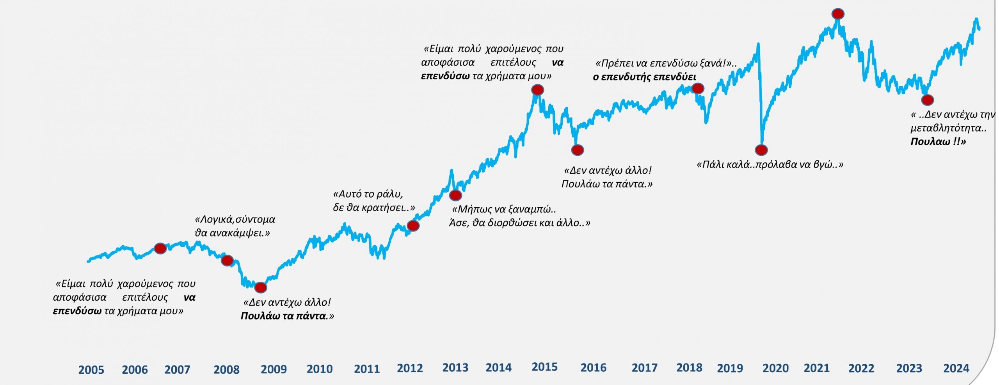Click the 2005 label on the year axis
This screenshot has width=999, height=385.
point(91,369)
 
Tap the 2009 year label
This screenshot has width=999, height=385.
point(274,369)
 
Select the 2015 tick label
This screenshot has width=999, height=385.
point(544,367)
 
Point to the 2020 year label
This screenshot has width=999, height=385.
point(775,368)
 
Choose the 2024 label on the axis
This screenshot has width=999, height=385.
point(956,368)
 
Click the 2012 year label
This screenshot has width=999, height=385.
point(410,368)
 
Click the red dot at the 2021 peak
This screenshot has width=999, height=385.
point(838,14)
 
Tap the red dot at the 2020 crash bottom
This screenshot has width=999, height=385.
point(761,150)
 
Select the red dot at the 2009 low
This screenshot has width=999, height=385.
point(260,287)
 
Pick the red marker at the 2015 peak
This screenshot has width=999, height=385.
point(537,90)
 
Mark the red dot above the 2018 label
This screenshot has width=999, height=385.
point(698,89)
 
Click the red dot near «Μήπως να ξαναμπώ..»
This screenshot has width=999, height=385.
point(455,195)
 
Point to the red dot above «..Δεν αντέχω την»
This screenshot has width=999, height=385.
point(927,100)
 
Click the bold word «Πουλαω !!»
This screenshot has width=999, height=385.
point(938,141)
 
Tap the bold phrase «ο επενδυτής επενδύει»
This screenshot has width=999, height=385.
point(644,77)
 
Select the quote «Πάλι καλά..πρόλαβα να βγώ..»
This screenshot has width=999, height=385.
point(770,164)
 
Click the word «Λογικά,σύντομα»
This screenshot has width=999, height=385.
point(235,219)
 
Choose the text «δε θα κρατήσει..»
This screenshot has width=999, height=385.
point(373,208)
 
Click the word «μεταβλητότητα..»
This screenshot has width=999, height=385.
point(948,128)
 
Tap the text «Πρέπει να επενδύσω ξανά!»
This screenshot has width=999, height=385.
point(663,63)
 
